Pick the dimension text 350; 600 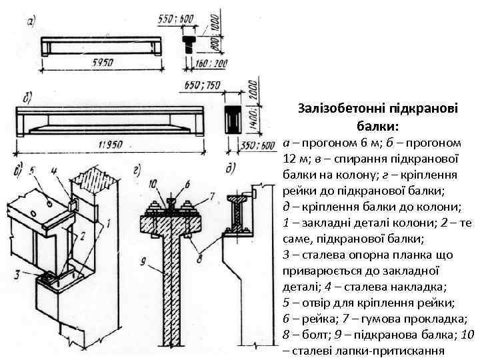[x=259, y=145]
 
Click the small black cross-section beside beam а [x=189, y=44]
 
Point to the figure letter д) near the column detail [x=229, y=168]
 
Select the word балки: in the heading [x=378, y=125]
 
